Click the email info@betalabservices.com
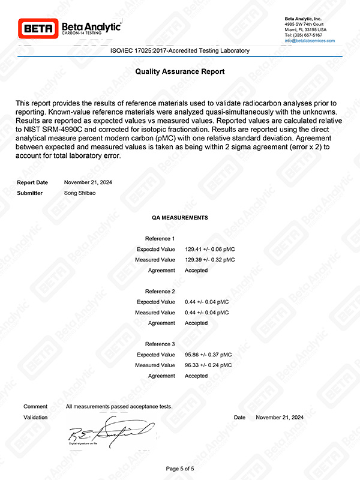coord(310,40)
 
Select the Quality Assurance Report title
coord(180,71)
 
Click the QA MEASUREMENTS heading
coord(180,217)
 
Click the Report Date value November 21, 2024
coord(88,182)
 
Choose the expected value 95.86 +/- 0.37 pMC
coord(208,355)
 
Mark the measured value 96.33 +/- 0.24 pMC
coord(208,365)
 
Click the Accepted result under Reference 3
coord(196,376)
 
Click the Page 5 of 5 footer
coord(180,468)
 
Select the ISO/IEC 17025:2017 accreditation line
coord(180,51)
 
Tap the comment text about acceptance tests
coord(119,407)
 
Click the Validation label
coord(35,417)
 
